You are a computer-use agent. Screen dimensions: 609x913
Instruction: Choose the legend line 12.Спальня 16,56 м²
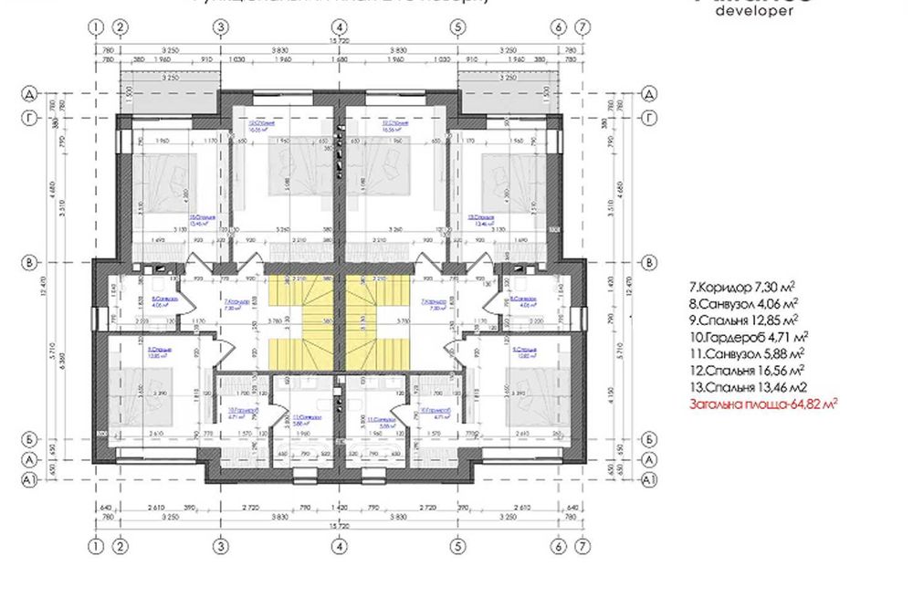pos(746,370)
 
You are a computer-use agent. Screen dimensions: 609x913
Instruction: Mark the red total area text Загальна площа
pos(763,403)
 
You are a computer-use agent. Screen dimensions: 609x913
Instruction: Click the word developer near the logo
pos(753,12)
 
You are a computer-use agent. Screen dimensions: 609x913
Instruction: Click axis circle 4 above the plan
pos(339,27)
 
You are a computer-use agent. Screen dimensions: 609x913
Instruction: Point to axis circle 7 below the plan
pos(582,546)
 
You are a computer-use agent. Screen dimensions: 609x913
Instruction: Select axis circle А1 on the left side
pos(29,478)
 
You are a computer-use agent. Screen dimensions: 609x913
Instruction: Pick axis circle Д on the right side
pos(649,94)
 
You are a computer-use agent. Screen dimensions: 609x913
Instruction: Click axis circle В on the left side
pos(29,263)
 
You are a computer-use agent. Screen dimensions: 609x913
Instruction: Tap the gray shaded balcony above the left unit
pos(168,91)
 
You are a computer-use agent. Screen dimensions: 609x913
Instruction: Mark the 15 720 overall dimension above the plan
pos(339,51)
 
